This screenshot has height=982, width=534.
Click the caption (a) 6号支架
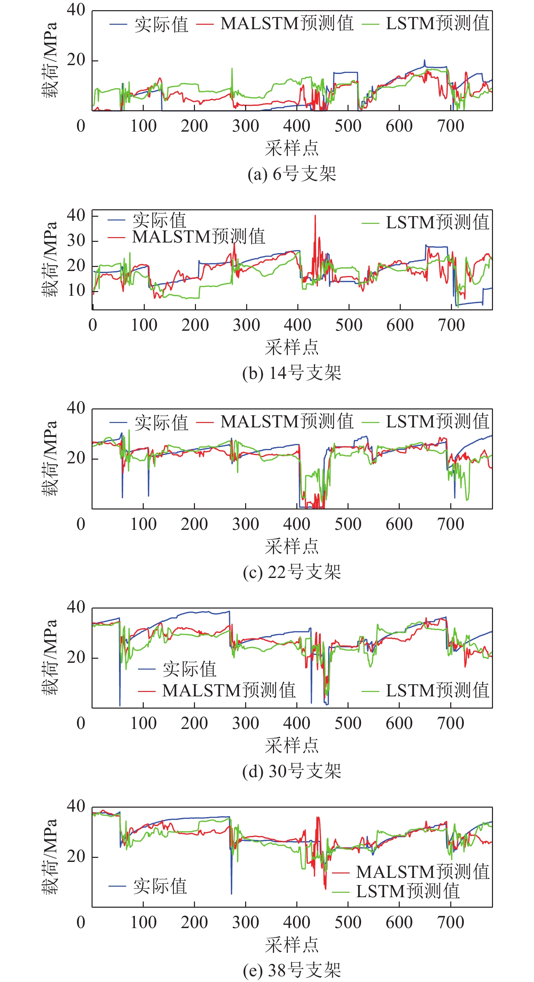point(292,174)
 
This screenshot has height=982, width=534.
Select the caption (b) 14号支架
point(292,373)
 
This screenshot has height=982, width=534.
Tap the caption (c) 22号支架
point(292,572)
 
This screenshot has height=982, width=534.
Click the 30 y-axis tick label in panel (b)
point(76,240)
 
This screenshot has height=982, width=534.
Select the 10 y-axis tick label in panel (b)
point(76,290)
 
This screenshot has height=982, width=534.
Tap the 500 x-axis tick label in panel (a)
point(348,126)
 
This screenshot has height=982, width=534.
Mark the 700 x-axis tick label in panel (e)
point(451,923)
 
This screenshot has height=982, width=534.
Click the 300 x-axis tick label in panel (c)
point(245,524)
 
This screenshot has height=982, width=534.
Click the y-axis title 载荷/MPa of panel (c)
point(50,458)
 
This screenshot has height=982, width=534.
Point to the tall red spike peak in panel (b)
point(315,216)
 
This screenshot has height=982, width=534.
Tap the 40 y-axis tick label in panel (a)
point(76,10)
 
